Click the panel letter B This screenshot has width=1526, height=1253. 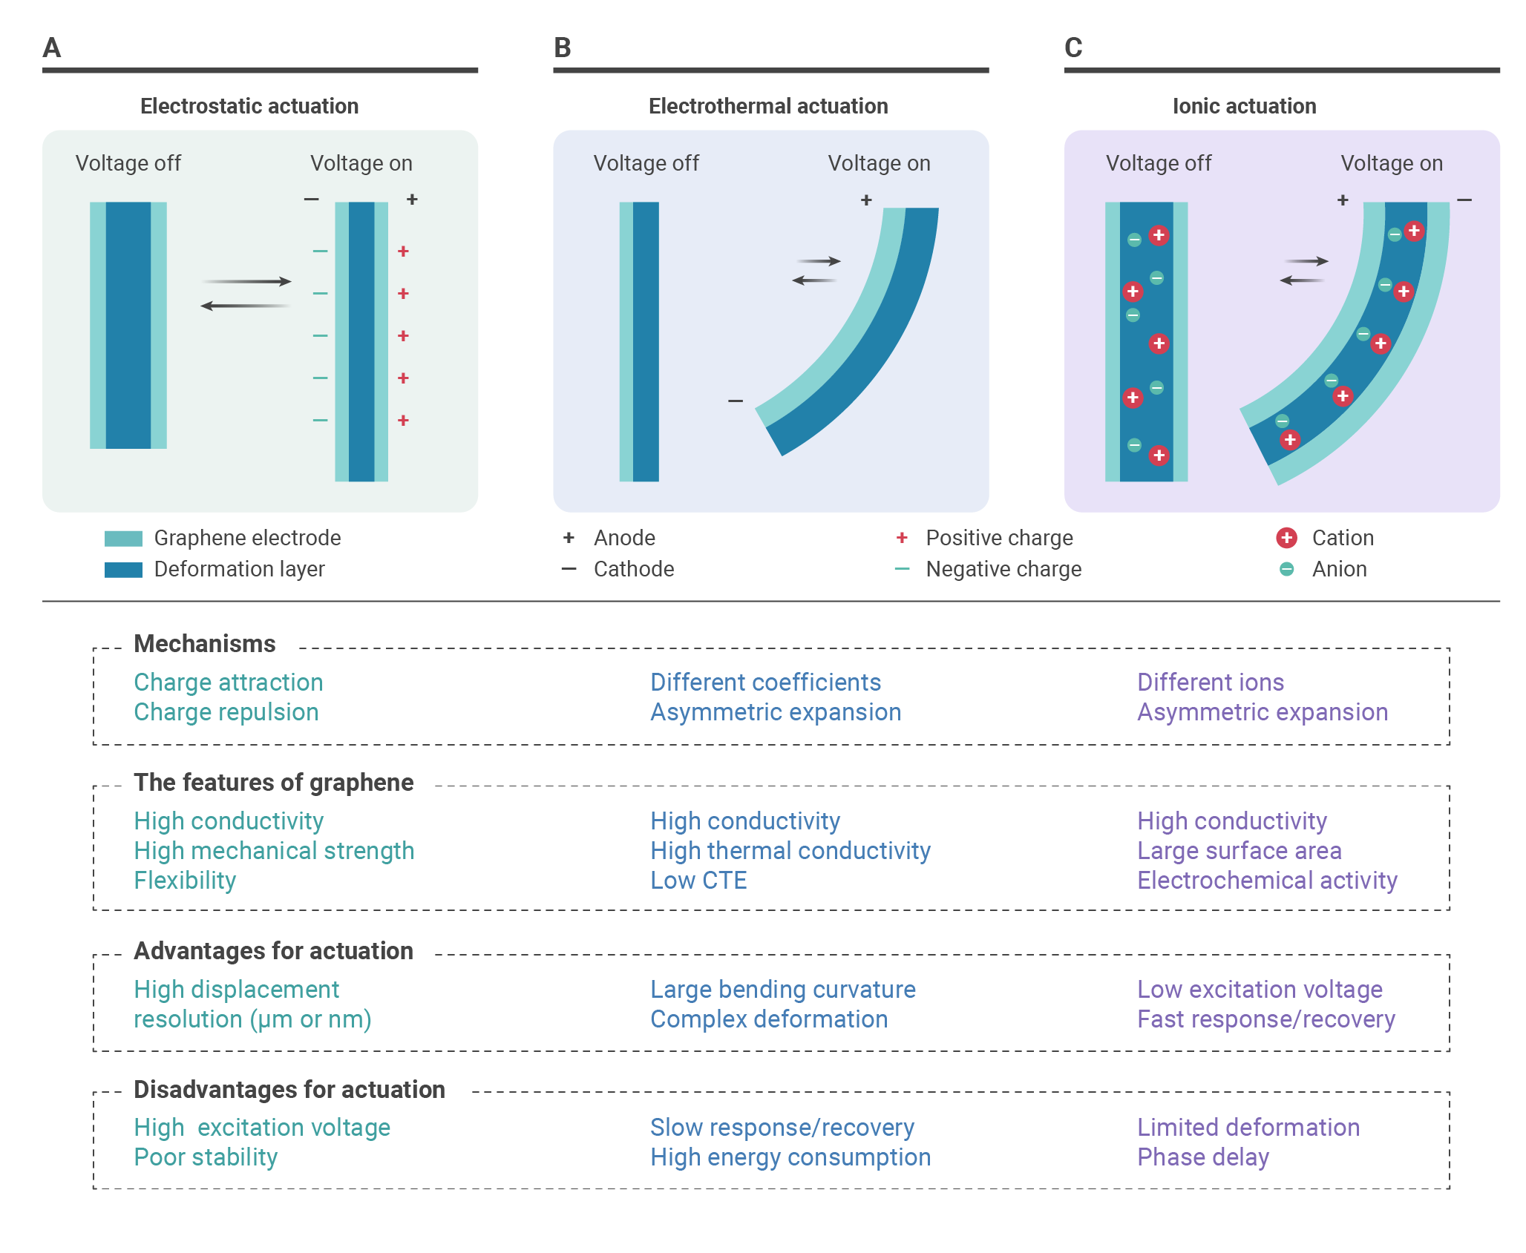click(563, 47)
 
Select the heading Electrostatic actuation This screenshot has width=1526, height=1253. click(249, 106)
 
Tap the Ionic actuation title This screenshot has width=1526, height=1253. click(1244, 106)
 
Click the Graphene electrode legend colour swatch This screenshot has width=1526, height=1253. click(123, 539)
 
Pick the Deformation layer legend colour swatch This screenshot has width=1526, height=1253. click(123, 570)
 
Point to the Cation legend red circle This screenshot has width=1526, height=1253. click(1286, 538)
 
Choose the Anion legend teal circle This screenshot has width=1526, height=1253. click(1286, 569)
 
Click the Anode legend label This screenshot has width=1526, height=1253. click(624, 538)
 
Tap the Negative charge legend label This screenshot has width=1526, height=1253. click(1003, 569)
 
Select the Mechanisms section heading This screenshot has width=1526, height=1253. click(205, 643)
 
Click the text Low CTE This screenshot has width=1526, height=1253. click(698, 881)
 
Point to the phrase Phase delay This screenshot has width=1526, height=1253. click(1203, 1157)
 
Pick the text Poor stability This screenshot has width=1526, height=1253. click(206, 1157)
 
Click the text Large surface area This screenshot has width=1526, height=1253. click(1240, 851)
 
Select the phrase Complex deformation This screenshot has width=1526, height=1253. click(769, 1019)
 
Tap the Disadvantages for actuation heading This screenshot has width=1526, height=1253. click(289, 1089)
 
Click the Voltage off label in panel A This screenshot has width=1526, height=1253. click(128, 163)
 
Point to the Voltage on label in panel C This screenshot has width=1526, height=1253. click(1392, 163)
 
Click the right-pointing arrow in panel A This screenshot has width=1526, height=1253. click(246, 281)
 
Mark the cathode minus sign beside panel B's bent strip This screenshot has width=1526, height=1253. click(736, 401)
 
